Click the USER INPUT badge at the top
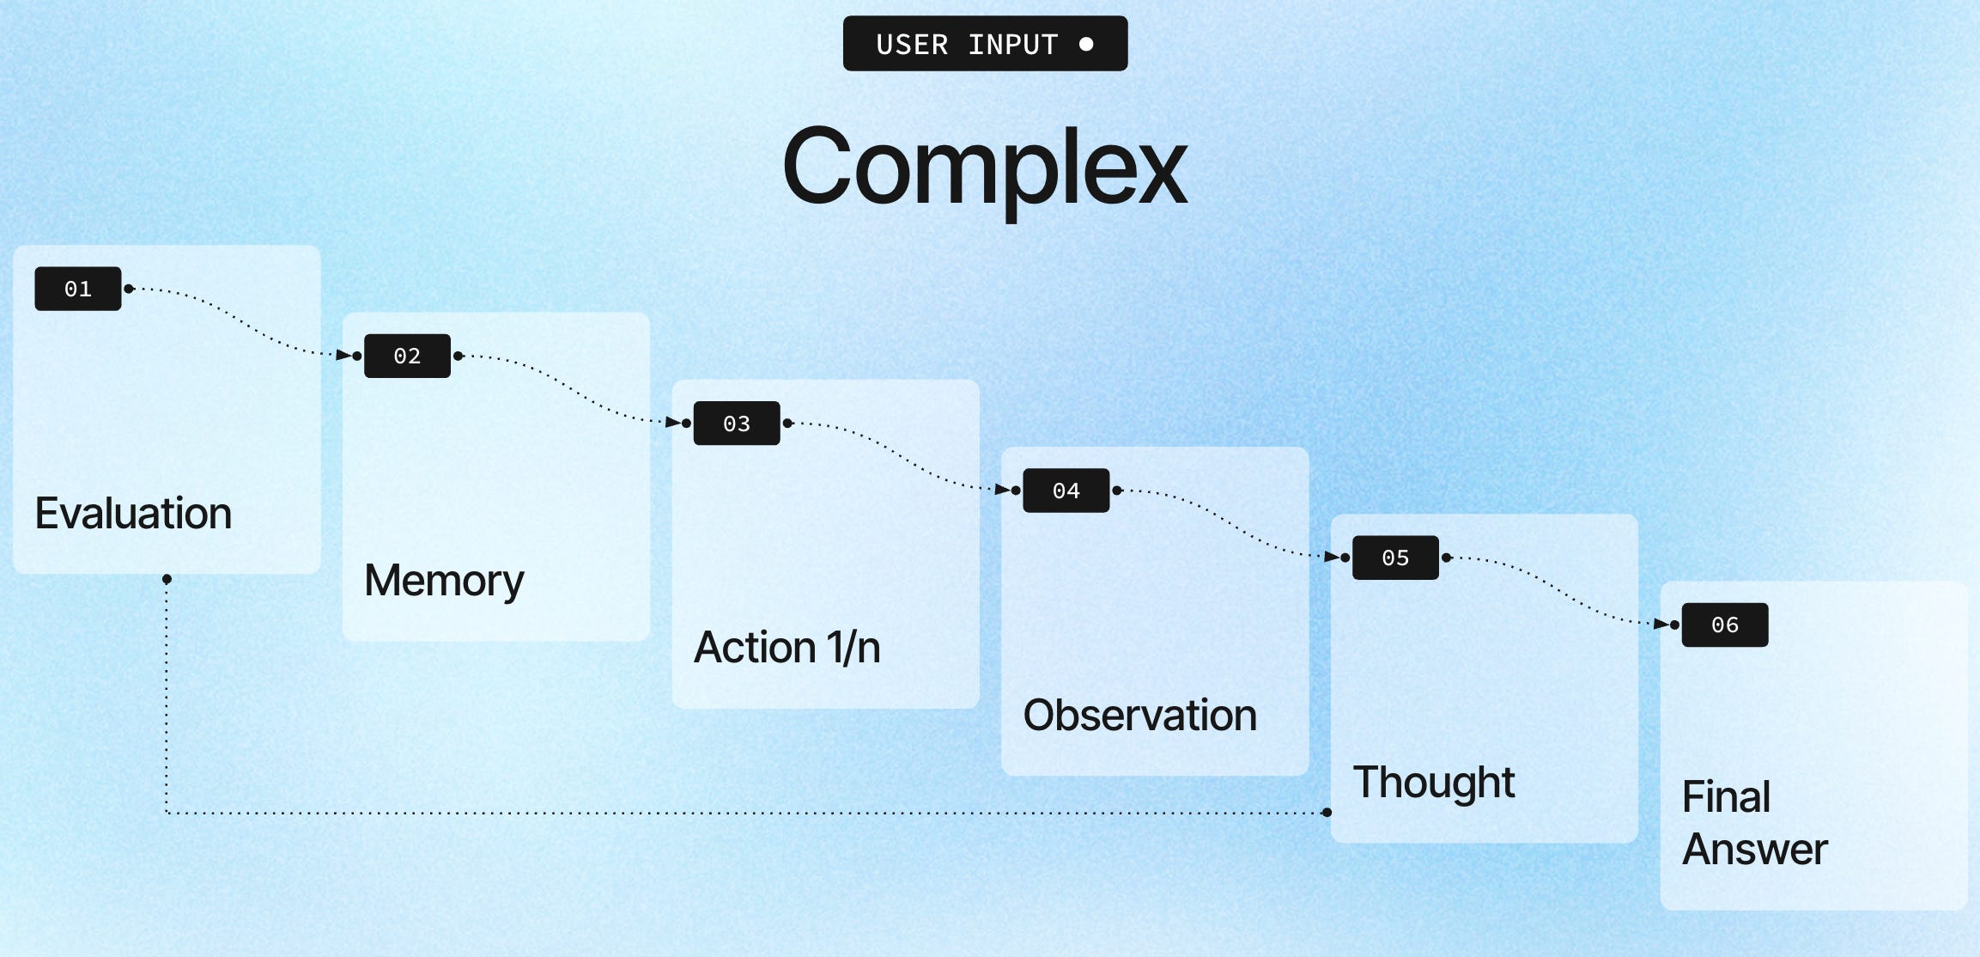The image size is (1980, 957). (x=984, y=44)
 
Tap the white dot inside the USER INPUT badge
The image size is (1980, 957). (x=1086, y=44)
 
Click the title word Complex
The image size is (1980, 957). (x=984, y=168)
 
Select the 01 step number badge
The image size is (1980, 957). (x=78, y=289)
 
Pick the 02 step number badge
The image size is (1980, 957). (x=407, y=356)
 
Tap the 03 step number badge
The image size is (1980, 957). (x=737, y=424)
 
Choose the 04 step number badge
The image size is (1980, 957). (x=1066, y=491)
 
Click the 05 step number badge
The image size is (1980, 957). (x=1395, y=558)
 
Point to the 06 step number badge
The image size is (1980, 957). (x=1724, y=625)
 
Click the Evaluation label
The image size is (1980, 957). (x=133, y=514)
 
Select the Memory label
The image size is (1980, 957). (x=444, y=581)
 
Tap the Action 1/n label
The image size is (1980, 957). (x=787, y=648)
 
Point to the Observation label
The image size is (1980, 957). (x=1139, y=716)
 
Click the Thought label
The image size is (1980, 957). (x=1433, y=783)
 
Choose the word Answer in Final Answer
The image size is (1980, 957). (x=1754, y=850)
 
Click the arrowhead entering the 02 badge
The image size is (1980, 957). (x=344, y=355)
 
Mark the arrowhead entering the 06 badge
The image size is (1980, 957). (x=1661, y=624)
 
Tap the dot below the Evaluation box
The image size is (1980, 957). (x=167, y=579)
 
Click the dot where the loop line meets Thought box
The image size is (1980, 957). (x=1327, y=812)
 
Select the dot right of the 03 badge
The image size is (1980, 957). (x=787, y=423)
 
